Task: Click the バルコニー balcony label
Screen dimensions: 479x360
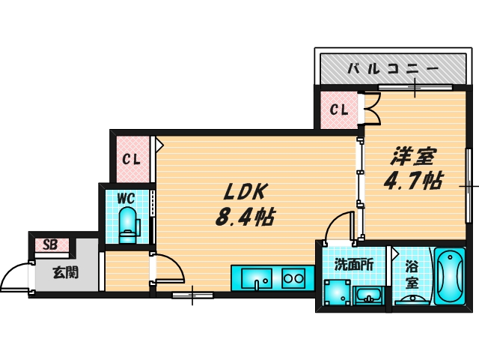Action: [393, 68]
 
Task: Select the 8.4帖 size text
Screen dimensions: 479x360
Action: [245, 217]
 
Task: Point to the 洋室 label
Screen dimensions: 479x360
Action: [414, 156]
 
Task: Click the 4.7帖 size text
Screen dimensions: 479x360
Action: [413, 180]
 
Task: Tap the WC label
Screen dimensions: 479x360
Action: [126, 198]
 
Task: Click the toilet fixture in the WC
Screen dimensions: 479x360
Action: [128, 225]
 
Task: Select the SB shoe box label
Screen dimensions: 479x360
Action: [50, 244]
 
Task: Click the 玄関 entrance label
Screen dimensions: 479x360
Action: [66, 272]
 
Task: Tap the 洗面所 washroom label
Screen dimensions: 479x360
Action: [354, 265]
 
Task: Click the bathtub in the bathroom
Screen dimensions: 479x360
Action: [450, 276]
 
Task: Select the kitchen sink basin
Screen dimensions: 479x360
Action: [257, 278]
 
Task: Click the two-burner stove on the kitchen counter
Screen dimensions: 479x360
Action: [293, 278]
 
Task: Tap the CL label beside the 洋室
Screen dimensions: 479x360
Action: [339, 109]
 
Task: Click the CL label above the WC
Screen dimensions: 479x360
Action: [132, 159]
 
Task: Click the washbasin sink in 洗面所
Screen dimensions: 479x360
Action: [368, 295]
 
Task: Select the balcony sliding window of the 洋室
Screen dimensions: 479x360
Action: [415, 88]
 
